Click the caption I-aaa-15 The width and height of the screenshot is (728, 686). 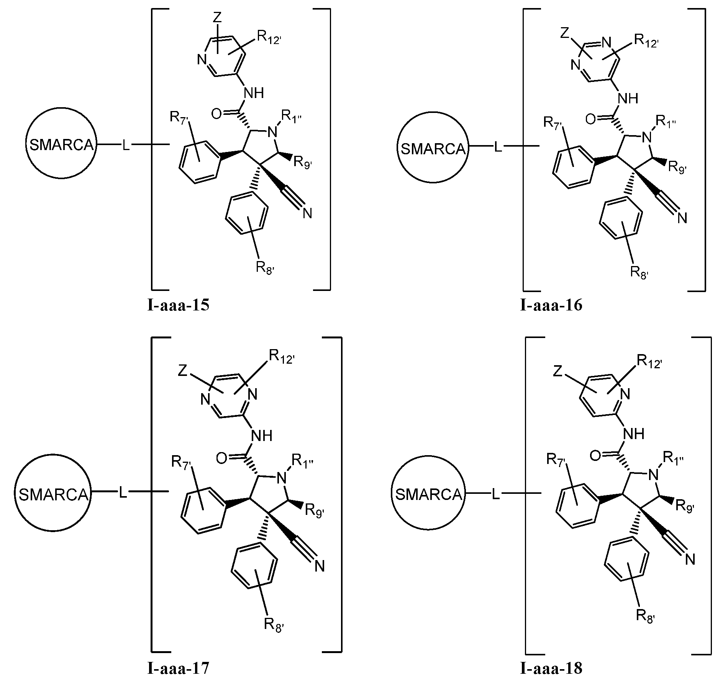[x=179, y=306]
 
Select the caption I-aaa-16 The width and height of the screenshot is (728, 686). [x=551, y=306]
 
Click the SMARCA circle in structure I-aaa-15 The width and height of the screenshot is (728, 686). [x=61, y=145]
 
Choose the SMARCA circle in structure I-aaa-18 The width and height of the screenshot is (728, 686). [x=429, y=495]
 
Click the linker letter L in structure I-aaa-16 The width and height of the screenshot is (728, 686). [x=498, y=147]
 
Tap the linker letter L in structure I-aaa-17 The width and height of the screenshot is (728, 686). [x=123, y=493]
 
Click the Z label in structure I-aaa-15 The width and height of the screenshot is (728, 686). [x=217, y=17]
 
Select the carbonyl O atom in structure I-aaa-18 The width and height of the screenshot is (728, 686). [x=595, y=456]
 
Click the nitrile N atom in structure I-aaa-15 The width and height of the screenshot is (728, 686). [x=307, y=214]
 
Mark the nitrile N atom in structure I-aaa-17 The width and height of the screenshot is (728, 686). [x=320, y=566]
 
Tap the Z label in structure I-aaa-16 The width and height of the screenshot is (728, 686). [x=564, y=33]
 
